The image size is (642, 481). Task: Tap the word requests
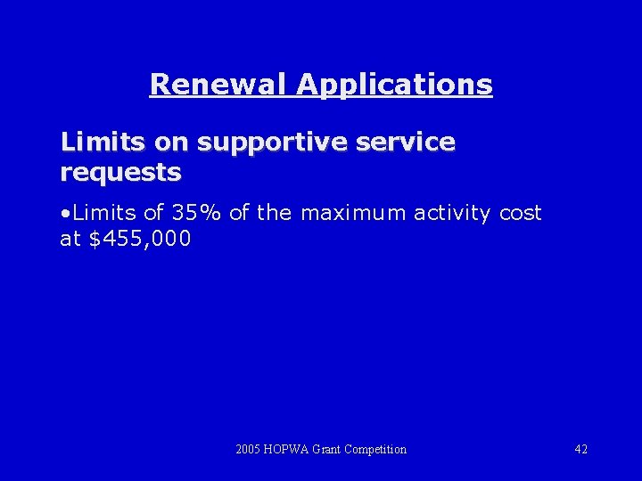120,171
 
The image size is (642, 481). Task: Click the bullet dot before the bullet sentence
66,214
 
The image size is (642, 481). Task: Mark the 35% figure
196,213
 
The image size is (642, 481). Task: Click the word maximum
353,213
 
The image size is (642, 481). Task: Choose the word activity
451,214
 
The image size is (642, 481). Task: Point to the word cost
520,213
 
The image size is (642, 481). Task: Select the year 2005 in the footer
249,449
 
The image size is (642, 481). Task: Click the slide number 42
580,449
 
